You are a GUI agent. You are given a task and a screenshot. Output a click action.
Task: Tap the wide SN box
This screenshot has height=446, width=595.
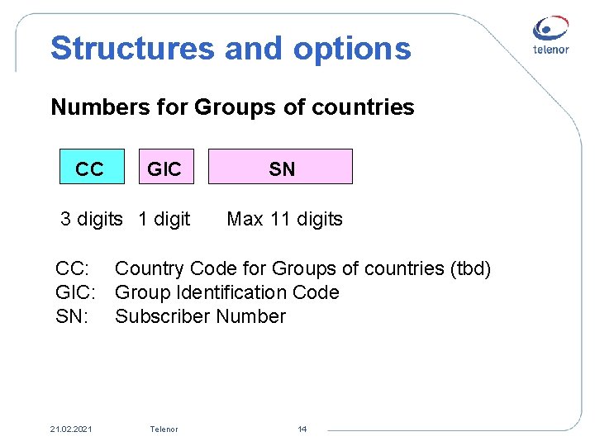point(280,166)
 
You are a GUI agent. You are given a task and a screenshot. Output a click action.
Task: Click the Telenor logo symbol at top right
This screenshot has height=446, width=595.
point(550,29)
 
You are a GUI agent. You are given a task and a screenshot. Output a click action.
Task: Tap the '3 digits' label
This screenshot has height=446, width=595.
point(91,219)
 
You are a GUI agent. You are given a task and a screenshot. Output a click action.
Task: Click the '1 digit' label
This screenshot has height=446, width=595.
point(164,219)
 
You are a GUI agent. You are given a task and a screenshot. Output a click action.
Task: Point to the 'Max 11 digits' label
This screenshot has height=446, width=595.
point(284,219)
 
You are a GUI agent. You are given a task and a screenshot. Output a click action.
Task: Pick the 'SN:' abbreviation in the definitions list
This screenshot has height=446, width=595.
point(73,316)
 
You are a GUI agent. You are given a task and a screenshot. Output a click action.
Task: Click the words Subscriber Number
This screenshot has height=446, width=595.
point(200,316)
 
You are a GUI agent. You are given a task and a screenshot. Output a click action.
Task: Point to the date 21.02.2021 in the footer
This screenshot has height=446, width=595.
point(72,429)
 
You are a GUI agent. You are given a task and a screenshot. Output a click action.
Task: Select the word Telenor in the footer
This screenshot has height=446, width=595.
point(164,429)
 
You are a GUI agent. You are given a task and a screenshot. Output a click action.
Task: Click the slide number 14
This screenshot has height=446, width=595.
point(302,429)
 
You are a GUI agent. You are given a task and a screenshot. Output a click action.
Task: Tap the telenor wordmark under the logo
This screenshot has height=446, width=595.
point(550,50)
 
